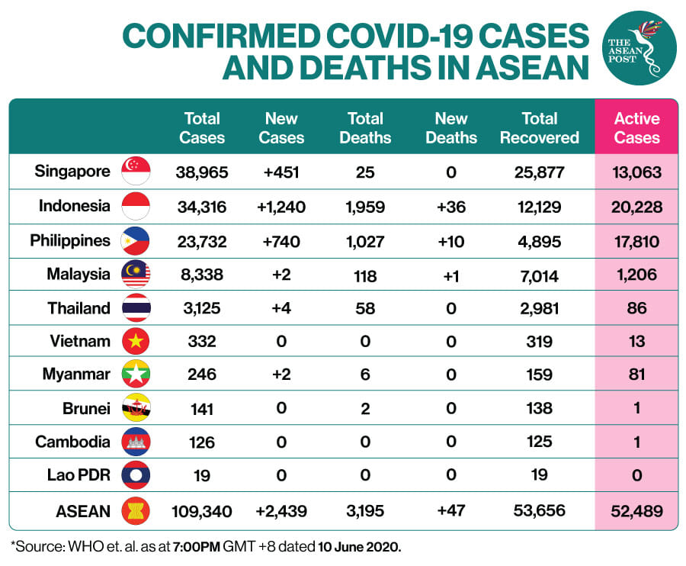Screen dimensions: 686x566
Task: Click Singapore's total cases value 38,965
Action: pos(202,172)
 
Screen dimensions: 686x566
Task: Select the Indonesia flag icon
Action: pos(136,206)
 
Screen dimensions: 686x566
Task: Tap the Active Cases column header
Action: pos(636,128)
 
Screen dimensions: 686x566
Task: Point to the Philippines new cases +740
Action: pos(280,241)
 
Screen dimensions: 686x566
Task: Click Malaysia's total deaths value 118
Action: pos(365,276)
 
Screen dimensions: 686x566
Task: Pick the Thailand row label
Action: pos(79,308)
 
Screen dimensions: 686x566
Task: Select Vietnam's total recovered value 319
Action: pos(539,342)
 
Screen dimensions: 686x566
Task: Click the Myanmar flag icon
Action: pos(136,374)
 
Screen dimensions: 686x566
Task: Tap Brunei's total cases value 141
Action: pos(202,409)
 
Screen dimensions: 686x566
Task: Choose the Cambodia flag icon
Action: pos(136,442)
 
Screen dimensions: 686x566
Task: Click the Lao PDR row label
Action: pos(79,475)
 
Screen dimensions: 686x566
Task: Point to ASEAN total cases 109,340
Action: pos(202,511)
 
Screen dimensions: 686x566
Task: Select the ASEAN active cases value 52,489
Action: pos(636,511)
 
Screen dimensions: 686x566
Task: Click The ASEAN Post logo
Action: pos(640,48)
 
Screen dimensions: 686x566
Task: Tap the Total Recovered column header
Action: pos(540,128)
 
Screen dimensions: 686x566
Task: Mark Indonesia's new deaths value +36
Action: pos(451,207)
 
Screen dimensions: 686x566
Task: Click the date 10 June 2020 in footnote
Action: pos(359,547)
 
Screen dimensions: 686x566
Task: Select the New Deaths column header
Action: pos(451,128)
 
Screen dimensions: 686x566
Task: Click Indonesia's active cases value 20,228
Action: pos(636,207)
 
